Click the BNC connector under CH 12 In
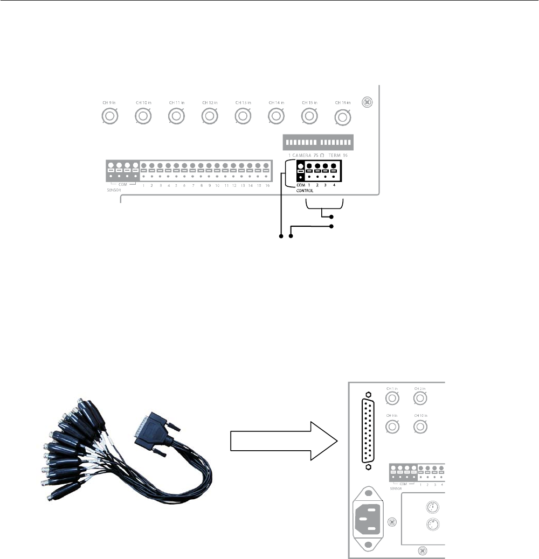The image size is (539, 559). point(209,116)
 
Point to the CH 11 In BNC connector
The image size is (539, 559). point(176,116)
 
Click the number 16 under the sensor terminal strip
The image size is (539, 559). point(267,185)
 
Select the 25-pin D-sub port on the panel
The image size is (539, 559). point(369,431)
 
